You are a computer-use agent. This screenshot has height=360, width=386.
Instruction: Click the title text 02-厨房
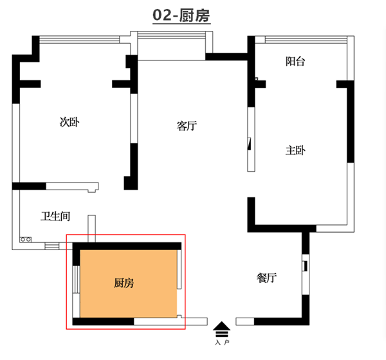pos(181,15)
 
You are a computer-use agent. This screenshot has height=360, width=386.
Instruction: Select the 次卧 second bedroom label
pos(69,122)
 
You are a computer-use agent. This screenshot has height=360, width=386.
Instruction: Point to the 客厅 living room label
pos(186,126)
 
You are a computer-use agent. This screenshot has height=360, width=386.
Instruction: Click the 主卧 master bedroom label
pos(295,150)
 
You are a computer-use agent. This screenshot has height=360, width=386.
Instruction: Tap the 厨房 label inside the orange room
pos(124,282)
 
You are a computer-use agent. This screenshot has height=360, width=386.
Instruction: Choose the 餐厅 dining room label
pos(266,278)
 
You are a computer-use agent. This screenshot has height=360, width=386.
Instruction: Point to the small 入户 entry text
pos(222,343)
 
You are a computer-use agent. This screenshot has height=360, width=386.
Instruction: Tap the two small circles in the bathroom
pos(26,239)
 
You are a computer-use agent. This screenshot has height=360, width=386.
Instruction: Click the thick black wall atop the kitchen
pos(129,245)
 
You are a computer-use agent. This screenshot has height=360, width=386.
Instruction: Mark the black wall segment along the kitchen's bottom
pos(103,321)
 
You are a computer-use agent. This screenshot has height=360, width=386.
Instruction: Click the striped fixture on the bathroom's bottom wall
pos(51,245)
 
